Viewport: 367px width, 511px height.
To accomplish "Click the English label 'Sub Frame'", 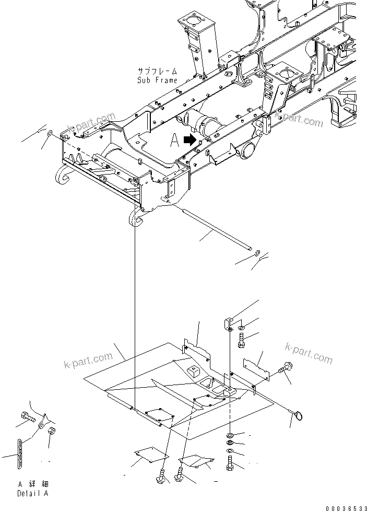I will point(157,80).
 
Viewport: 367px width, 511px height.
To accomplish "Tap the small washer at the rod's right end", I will point(257,253).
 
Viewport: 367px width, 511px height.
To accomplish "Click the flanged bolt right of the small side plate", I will point(287,369).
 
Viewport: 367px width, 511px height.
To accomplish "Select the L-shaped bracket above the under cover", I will point(228,324).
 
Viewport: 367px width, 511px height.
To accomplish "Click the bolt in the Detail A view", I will point(28,417).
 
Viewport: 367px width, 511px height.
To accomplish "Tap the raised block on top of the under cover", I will point(193,371).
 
